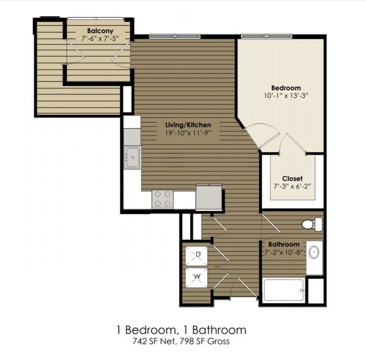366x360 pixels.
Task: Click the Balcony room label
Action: [100, 31]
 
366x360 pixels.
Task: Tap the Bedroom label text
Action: [286, 88]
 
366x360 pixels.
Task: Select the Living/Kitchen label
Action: [188, 125]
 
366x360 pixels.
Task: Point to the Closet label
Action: [292, 178]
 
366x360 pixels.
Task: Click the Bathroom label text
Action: [284, 244]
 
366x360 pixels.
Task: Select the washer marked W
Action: [197, 277]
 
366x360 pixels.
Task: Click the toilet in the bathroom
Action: [312, 224]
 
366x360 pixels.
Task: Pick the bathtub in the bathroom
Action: [284, 290]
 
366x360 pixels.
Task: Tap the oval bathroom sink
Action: [314, 253]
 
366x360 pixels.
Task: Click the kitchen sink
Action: [132, 158]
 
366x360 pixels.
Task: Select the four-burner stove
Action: [163, 199]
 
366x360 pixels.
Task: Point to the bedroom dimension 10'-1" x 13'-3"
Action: [286, 96]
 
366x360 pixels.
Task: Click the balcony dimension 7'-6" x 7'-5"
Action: [100, 38]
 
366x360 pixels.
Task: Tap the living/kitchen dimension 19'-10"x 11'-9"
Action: [188, 133]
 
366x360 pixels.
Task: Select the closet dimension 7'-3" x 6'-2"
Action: [292, 186]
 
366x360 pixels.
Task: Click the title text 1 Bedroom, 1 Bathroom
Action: [181, 330]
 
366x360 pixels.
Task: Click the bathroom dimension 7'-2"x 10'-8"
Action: [284, 252]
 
